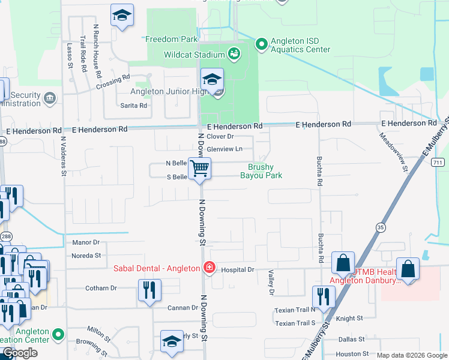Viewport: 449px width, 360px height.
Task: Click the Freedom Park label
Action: [172, 39]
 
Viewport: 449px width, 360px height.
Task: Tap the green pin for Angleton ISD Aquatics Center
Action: [261, 44]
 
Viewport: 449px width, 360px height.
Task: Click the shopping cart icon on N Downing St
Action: [199, 169]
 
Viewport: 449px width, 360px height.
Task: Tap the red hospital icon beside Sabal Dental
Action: [209, 268]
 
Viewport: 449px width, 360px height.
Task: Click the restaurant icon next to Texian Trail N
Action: [324, 297]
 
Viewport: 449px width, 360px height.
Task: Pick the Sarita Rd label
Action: [135, 106]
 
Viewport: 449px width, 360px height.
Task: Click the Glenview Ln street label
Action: [224, 149]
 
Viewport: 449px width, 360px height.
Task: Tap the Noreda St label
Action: [86, 256]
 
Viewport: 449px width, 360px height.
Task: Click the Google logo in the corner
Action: [20, 353]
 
